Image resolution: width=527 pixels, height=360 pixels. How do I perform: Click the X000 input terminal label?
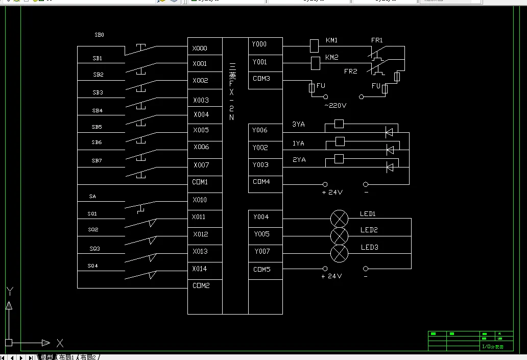200,49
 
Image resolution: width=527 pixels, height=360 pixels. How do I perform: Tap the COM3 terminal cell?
261,79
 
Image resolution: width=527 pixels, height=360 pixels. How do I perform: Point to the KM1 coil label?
331,40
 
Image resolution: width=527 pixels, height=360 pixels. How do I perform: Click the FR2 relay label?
350,71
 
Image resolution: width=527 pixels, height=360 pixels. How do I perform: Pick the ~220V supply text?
336,106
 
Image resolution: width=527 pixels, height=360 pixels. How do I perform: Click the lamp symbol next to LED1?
339,219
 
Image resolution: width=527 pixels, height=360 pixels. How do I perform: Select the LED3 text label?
369,247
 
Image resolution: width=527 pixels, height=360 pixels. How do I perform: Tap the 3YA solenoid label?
298,125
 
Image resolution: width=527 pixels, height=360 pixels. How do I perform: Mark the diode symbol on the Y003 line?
390,166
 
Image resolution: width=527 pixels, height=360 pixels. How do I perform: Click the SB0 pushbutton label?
99,35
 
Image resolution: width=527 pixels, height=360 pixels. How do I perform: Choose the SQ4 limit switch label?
92,266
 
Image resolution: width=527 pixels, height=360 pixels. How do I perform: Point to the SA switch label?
92,196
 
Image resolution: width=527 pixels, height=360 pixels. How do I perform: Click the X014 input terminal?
200,269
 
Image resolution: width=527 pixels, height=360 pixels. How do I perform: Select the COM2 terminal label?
201,286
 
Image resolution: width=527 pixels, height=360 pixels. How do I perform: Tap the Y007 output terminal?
261,251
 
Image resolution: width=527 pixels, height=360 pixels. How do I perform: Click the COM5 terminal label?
262,269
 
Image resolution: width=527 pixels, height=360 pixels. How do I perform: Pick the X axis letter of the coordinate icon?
60,343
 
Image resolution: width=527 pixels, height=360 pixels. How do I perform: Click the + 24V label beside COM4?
332,193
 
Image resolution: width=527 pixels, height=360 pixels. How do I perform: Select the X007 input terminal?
201,165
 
